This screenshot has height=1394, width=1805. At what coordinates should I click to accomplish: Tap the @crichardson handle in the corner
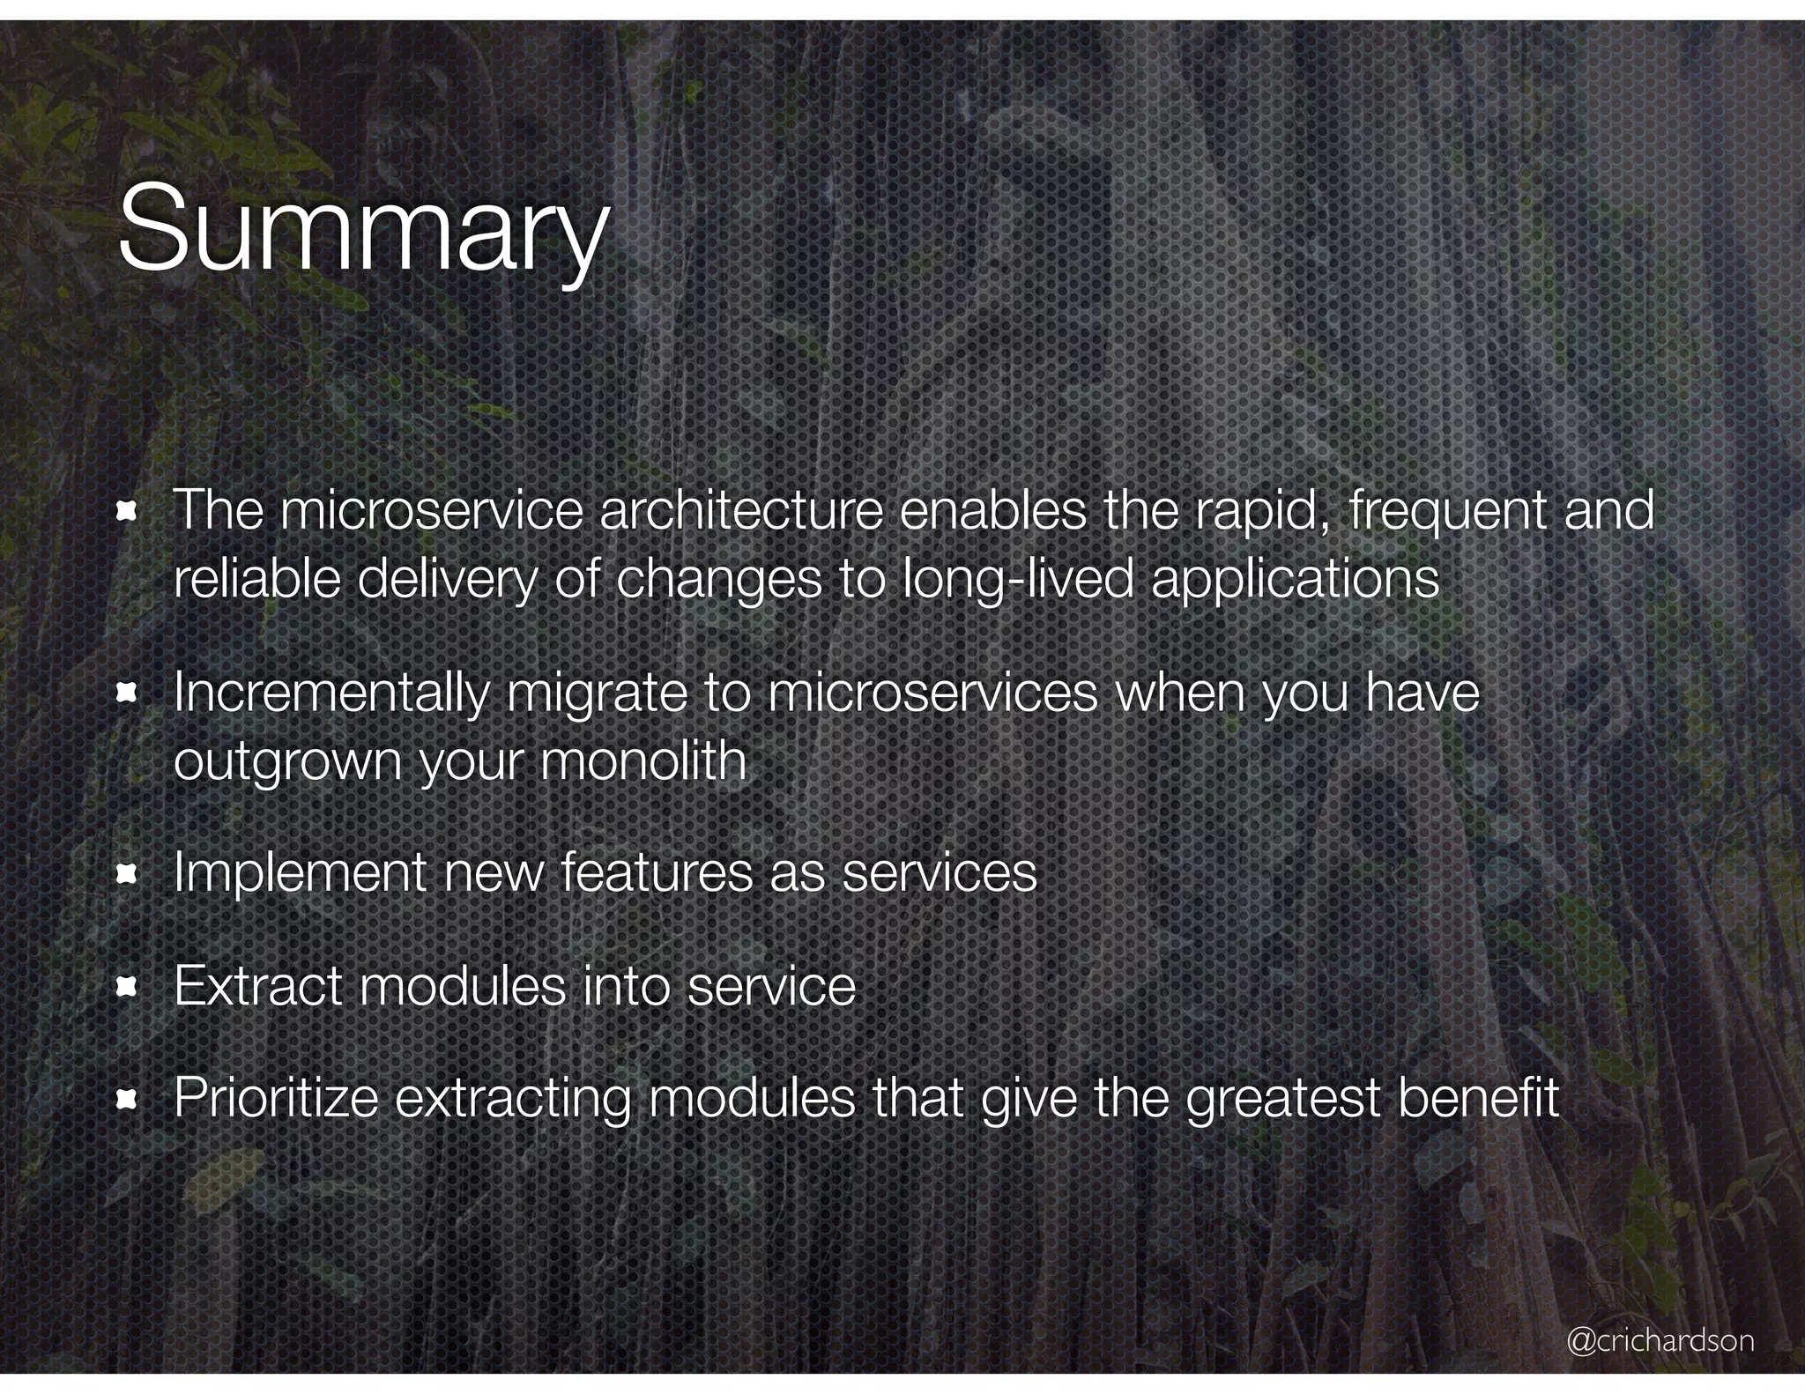pyautogui.click(x=1660, y=1340)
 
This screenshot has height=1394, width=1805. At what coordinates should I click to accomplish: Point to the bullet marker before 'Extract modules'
pyautogui.click(x=128, y=987)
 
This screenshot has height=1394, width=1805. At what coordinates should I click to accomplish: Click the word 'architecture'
pyautogui.click(x=740, y=510)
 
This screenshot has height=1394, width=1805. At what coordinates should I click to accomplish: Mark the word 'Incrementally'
pyautogui.click(x=331, y=694)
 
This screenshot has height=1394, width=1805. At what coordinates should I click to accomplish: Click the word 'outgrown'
pyautogui.click(x=287, y=762)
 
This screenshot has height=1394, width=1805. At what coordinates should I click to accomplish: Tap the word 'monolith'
pyautogui.click(x=643, y=760)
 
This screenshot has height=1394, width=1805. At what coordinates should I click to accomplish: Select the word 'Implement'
pyautogui.click(x=300, y=874)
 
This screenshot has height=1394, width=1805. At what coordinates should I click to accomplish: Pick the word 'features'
pyautogui.click(x=656, y=873)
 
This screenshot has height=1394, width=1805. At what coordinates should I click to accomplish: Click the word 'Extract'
pyautogui.click(x=257, y=986)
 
